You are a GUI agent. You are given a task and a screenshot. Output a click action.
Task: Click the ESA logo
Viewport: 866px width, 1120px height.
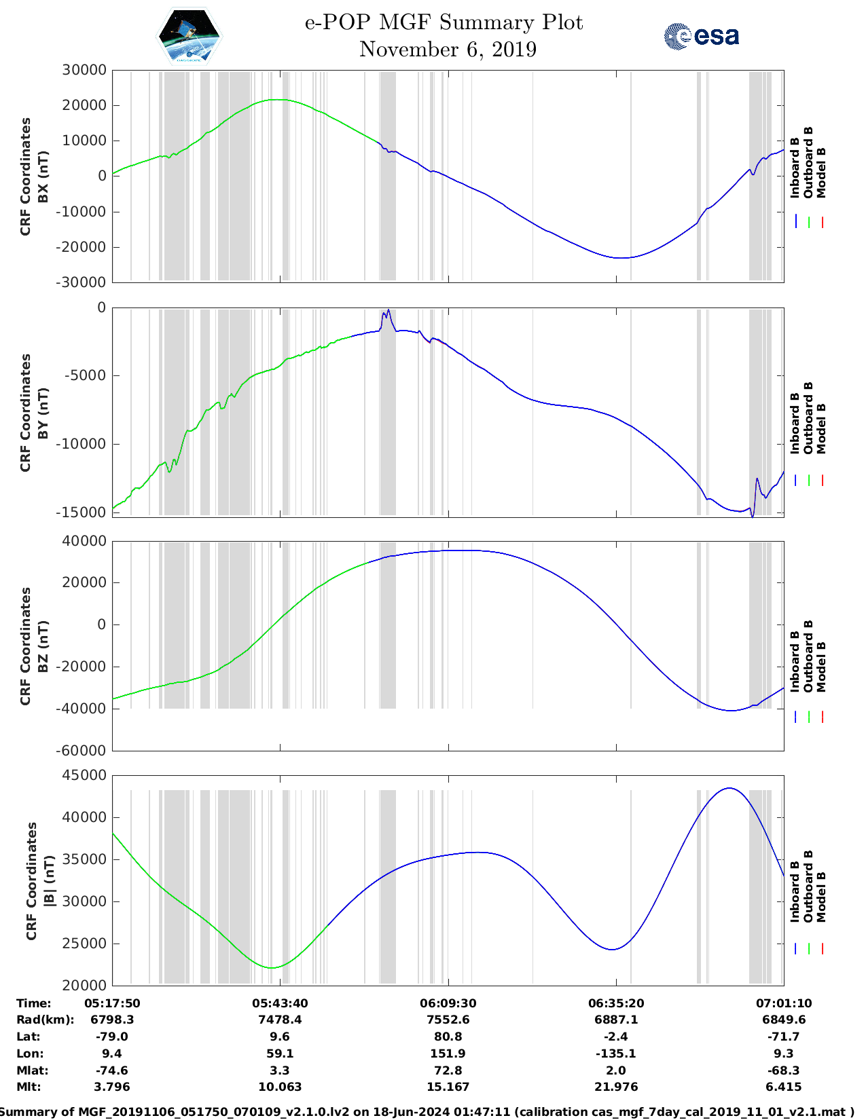pyautogui.click(x=702, y=36)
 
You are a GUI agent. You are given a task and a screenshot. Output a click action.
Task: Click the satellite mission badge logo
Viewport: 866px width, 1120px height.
pyautogui.click(x=189, y=36)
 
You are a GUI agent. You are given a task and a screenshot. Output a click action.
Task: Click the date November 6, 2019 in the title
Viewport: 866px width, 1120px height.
pyautogui.click(x=448, y=50)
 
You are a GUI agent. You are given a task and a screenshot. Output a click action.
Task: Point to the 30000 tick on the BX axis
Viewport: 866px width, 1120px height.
pyautogui.click(x=84, y=70)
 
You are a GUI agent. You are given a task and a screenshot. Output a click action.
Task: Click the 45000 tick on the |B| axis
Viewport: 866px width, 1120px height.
pyautogui.click(x=84, y=775)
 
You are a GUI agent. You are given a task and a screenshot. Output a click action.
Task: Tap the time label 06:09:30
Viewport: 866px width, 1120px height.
pyautogui.click(x=448, y=1003)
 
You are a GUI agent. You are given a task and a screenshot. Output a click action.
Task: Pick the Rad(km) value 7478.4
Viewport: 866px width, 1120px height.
pyautogui.click(x=280, y=1020)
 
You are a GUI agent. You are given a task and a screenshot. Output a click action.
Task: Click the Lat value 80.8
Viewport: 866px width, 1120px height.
pyautogui.click(x=448, y=1037)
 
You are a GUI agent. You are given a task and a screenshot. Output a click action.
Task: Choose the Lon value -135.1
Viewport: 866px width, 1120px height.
pyautogui.click(x=616, y=1053)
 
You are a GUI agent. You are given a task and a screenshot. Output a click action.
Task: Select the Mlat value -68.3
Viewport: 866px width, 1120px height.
pyautogui.click(x=784, y=1070)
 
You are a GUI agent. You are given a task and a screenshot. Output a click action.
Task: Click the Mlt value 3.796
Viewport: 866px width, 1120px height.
pyautogui.click(x=112, y=1087)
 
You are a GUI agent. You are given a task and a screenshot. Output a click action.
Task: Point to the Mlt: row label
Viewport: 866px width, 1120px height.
pyautogui.click(x=29, y=1087)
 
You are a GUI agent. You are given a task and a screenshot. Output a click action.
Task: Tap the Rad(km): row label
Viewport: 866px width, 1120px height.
pyautogui.click(x=45, y=1020)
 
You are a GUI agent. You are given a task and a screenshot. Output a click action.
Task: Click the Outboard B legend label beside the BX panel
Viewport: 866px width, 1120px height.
pyautogui.click(x=808, y=163)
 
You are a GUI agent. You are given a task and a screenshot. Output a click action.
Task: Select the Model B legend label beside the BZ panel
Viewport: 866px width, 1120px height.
pyautogui.click(x=821, y=667)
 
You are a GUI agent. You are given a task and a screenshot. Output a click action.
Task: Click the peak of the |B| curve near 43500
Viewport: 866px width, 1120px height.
pyautogui.click(x=729, y=788)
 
